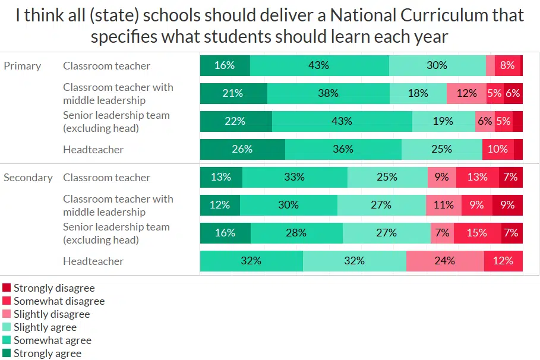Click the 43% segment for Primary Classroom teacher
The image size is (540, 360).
pos(319,65)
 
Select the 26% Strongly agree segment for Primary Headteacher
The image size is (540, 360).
pos(242,149)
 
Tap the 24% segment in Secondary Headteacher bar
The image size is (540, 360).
pos(445,261)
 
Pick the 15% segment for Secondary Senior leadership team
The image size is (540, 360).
pos(477,233)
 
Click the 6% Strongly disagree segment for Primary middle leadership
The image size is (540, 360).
pos(513,93)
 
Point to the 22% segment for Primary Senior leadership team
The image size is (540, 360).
pos(236,121)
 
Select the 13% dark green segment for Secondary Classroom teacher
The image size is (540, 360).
pos(221,177)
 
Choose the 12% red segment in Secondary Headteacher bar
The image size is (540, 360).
pos(503,261)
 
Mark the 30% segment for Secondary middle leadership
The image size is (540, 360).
pos(289,205)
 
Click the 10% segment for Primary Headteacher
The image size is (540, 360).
pos(498,149)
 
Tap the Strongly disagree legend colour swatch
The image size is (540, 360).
pos(7,288)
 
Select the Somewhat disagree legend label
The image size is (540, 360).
pos(59,301)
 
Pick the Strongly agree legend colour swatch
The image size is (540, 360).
pos(7,353)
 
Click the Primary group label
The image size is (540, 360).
pos(22,66)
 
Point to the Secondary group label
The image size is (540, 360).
pos(28,178)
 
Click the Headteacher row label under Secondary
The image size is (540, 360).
pos(93,261)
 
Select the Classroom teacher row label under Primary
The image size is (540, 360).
pos(106,66)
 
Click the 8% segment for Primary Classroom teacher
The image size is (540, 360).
pos(507,65)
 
